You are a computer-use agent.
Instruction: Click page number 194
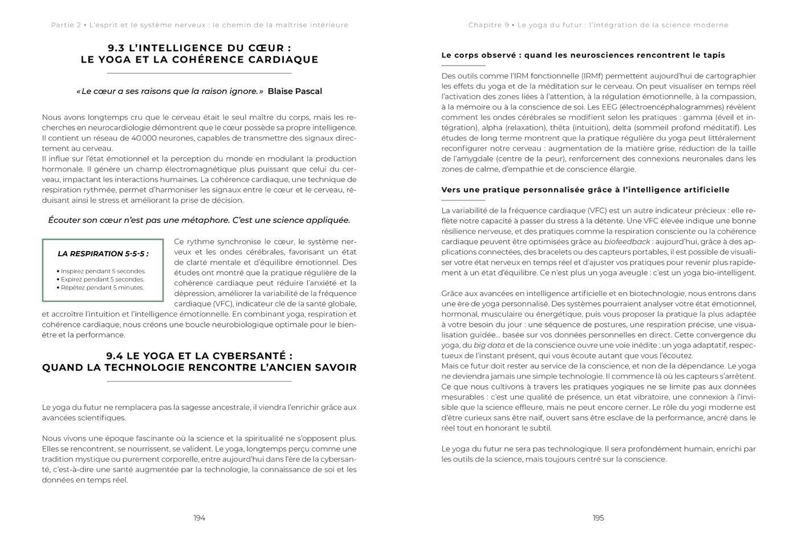click(x=199, y=518)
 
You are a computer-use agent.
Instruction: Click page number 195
click(x=598, y=518)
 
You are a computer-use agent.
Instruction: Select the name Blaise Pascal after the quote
click(x=295, y=91)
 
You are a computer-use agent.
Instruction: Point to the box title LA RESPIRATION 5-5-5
click(x=103, y=253)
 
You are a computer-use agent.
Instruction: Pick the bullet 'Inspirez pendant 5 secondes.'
click(x=102, y=271)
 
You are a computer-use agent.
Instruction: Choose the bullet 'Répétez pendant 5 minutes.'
click(x=101, y=288)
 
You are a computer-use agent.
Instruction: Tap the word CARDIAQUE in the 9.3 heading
click(x=284, y=59)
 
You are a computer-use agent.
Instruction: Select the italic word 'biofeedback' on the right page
click(x=627, y=241)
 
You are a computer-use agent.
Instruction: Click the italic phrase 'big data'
click(x=488, y=345)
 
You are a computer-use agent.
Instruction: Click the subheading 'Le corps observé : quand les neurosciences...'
click(x=583, y=55)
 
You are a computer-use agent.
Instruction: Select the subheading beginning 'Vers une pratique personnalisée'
click(x=585, y=190)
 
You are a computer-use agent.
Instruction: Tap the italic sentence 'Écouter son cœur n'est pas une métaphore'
click(x=199, y=220)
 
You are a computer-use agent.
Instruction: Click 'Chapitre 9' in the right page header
click(x=488, y=25)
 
